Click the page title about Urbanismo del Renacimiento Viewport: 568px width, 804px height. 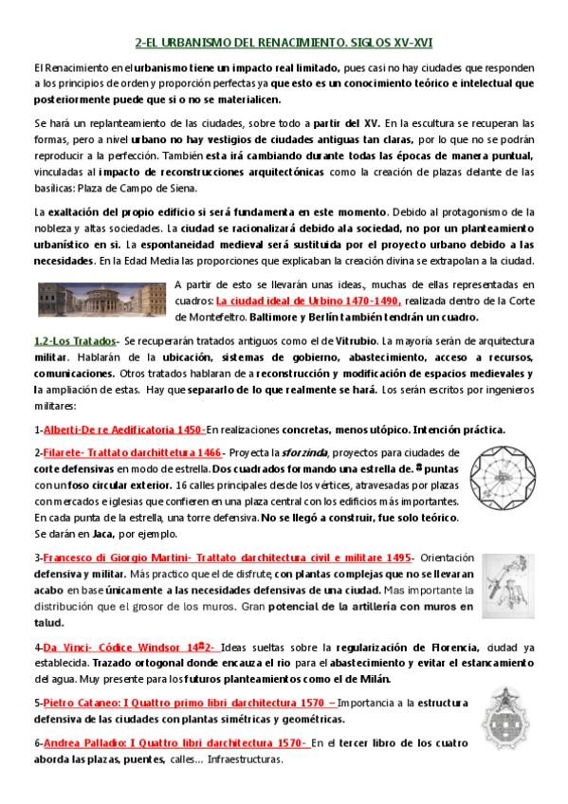pos(284,43)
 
